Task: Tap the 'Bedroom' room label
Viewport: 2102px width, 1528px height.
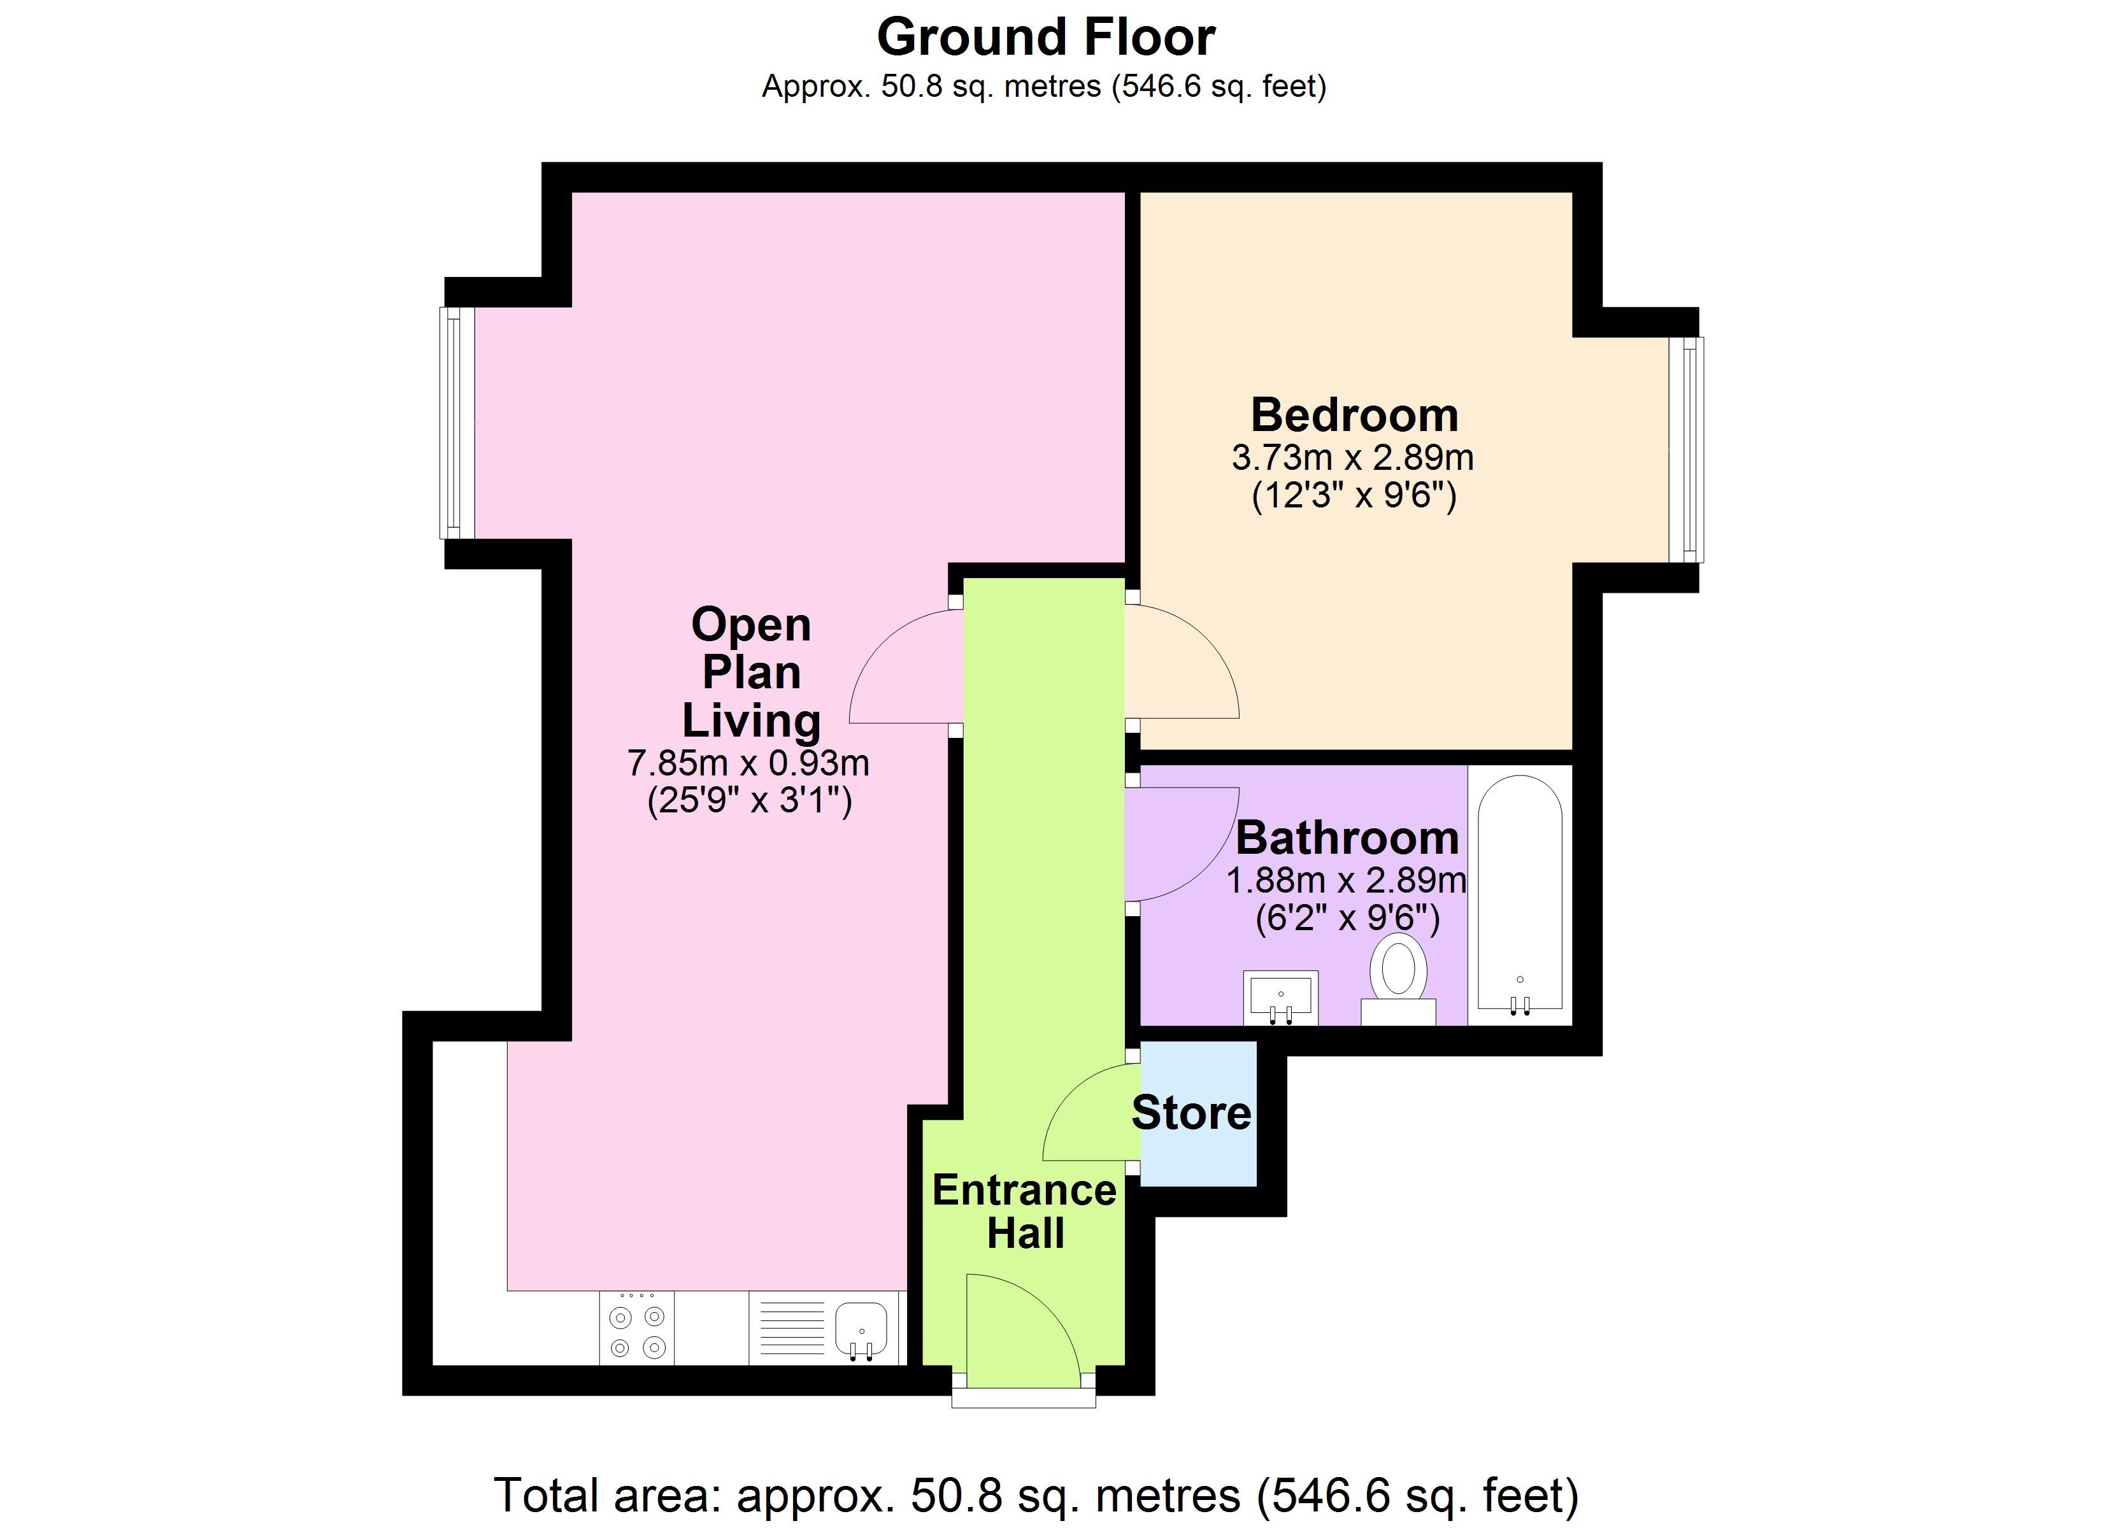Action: click(x=1354, y=414)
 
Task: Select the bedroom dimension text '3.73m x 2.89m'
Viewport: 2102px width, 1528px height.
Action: click(x=1352, y=457)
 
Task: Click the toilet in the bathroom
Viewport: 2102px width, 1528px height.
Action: click(x=1399, y=977)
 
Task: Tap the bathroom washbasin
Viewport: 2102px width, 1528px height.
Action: click(x=1281, y=997)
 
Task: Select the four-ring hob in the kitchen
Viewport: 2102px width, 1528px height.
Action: click(x=637, y=1329)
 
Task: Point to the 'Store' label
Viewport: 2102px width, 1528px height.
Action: click(x=1191, y=1112)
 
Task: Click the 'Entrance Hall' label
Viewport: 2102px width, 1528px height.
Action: click(x=1024, y=1211)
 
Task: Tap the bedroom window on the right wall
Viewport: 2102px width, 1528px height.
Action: click(x=1686, y=449)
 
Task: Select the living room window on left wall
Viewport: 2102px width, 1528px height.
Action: click(x=457, y=423)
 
